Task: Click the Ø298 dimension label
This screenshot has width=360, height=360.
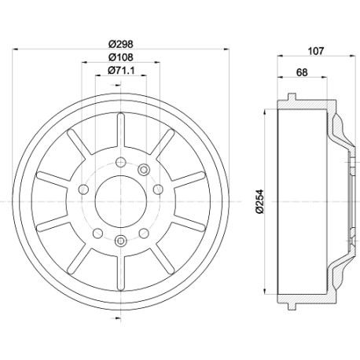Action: pyautogui.click(x=121, y=44)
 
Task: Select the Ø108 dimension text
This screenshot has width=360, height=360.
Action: pyautogui.click(x=121, y=57)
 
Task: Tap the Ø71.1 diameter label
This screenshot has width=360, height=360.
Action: pyautogui.click(x=121, y=70)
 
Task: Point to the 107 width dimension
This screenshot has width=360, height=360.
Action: pyautogui.click(x=316, y=51)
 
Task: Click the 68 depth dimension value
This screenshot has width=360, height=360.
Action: pyautogui.click(x=302, y=72)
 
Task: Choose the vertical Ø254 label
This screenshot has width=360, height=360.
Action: pyautogui.click(x=259, y=201)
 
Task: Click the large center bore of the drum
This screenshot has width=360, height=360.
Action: pyautogui.click(x=121, y=201)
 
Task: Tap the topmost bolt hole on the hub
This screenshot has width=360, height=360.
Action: pyautogui.click(x=121, y=162)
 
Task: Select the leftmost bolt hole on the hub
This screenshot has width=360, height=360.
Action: pyautogui.click(x=83, y=189)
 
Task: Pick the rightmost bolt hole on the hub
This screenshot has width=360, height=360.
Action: pyautogui.click(x=158, y=189)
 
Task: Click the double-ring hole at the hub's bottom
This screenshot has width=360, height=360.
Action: pyautogui.click(x=121, y=240)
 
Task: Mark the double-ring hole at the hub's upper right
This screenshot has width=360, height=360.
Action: pyautogui.click(x=144, y=170)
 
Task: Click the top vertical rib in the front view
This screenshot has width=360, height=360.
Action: pyautogui.click(x=121, y=129)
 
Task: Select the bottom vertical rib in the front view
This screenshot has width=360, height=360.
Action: pyautogui.click(x=121, y=274)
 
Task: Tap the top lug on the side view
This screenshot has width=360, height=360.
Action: pyautogui.click(x=292, y=97)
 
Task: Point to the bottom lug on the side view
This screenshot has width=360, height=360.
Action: pyautogui.click(x=292, y=306)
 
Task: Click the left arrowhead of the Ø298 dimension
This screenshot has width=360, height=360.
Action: pyautogui.click(x=15, y=49)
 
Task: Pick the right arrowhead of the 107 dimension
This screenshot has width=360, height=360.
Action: pyautogui.click(x=353, y=56)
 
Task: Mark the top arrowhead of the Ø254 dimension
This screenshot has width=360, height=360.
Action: pyautogui.click(x=265, y=112)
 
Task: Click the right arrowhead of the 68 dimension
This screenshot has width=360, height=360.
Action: pyautogui.click(x=324, y=77)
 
